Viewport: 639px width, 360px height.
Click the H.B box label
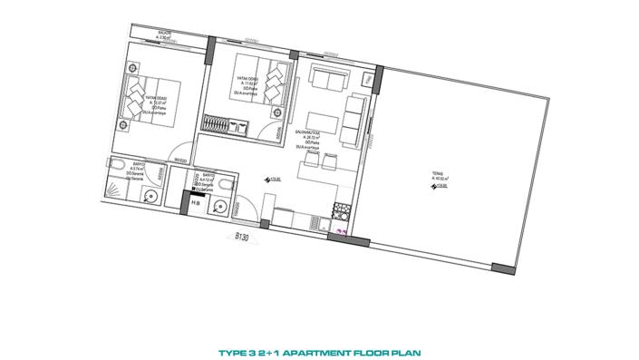click(x=195, y=204)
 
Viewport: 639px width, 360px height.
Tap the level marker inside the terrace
click(x=437, y=188)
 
